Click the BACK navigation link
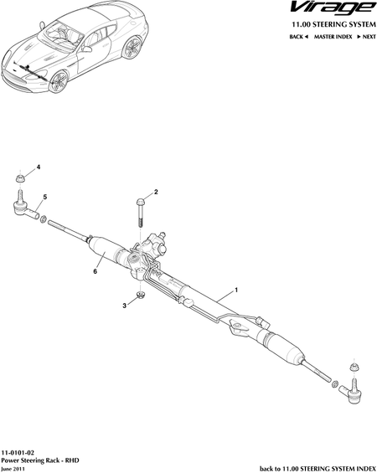tap(298, 37)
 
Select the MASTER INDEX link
tap(333, 37)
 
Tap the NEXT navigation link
tap(367, 37)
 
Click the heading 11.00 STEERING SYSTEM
tap(333, 25)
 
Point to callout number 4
tap(39, 167)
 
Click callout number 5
tap(45, 197)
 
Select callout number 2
tap(156, 192)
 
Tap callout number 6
tap(95, 271)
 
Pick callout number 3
tap(124, 306)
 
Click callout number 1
tap(236, 290)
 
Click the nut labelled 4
tap(20, 178)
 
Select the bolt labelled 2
tap(141, 213)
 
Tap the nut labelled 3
tap(140, 294)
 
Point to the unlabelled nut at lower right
tap(354, 368)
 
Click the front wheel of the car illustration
tap(58, 81)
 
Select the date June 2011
tap(13, 469)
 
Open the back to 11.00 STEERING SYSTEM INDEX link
tap(318, 469)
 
